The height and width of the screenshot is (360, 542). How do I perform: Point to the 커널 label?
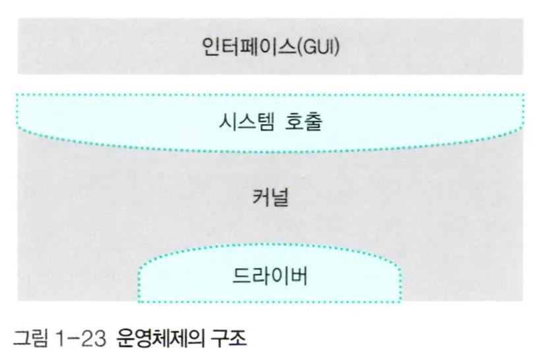pyautogui.click(x=270, y=197)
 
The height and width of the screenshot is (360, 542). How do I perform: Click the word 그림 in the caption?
pyautogui.click(x=30, y=342)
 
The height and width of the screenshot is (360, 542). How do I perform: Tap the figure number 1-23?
pyautogui.click(x=80, y=342)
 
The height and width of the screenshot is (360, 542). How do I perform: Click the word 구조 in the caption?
pyautogui.click(x=228, y=342)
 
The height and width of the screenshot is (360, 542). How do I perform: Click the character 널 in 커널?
pyautogui.click(x=281, y=197)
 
